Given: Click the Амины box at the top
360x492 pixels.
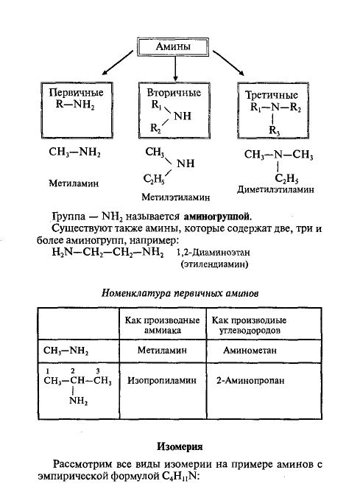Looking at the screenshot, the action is [x=173, y=47].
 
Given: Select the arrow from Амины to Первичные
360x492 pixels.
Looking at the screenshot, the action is [x=118, y=63].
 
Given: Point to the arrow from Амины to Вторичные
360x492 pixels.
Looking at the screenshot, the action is [x=175, y=68].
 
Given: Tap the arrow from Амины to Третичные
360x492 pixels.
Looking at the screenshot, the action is [x=228, y=63].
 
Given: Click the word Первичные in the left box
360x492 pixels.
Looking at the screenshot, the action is [x=77, y=92].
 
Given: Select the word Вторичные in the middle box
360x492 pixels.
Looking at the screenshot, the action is [x=174, y=93].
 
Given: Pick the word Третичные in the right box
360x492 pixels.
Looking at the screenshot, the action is [x=272, y=95].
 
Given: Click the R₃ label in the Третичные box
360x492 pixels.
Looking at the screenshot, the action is [x=275, y=130].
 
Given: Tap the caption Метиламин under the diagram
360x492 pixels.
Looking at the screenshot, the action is [x=74, y=183].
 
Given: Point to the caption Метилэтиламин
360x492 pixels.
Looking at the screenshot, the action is [x=176, y=197].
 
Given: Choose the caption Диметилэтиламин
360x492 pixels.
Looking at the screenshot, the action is [x=275, y=189].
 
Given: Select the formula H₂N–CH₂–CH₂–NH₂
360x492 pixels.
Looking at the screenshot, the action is [x=108, y=253].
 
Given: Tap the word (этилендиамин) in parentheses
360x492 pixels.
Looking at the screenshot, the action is [x=214, y=264].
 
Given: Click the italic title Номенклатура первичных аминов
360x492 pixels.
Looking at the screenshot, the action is [x=180, y=293].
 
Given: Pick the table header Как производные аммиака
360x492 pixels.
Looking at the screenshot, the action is [x=163, y=325].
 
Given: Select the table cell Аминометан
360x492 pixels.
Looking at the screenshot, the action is [x=250, y=350].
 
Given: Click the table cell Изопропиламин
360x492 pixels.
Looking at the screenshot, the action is [x=162, y=381].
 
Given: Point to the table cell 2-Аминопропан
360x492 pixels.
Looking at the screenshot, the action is [x=250, y=381].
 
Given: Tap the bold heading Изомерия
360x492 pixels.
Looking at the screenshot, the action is [x=180, y=446].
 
